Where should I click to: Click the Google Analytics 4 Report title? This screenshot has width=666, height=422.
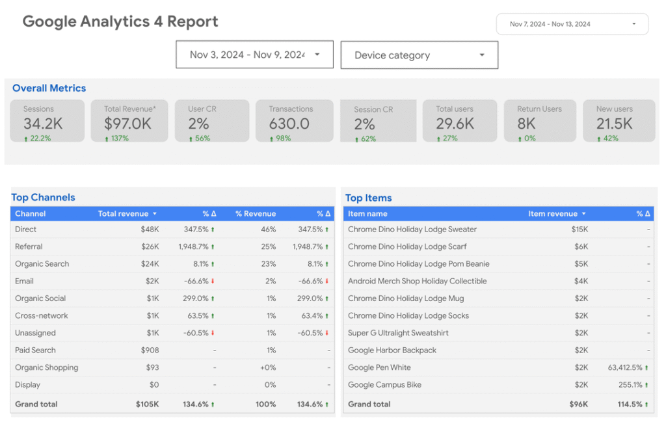click(x=120, y=21)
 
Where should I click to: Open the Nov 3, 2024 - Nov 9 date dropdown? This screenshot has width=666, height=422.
click(x=254, y=55)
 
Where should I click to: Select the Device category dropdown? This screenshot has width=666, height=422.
click(x=419, y=55)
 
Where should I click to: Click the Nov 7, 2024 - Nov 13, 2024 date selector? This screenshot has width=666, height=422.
click(x=572, y=24)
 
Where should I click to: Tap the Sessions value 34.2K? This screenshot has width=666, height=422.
click(x=42, y=124)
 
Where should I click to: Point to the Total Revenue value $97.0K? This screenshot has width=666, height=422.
click(x=128, y=124)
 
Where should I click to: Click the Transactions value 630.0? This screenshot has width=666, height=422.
click(x=289, y=124)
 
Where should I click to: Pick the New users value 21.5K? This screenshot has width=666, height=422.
click(x=615, y=124)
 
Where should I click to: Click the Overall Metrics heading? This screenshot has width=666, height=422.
click(x=49, y=88)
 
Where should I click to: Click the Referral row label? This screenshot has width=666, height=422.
click(x=29, y=246)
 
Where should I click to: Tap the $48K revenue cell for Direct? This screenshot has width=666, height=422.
click(x=150, y=230)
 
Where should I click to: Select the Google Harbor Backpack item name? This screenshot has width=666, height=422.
click(x=392, y=350)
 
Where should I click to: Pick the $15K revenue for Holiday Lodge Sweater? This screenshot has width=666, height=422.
click(x=579, y=230)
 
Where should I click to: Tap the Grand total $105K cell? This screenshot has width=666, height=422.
click(x=147, y=404)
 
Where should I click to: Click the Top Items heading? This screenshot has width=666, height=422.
click(x=369, y=198)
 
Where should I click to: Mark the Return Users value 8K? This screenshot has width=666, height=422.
click(x=527, y=124)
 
